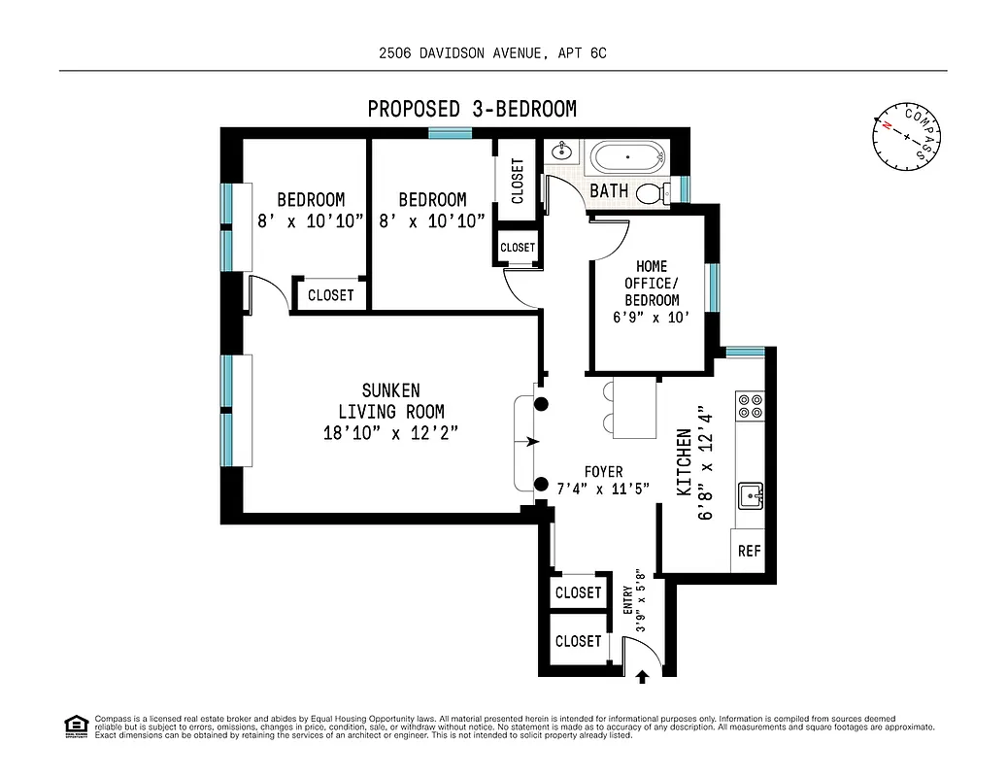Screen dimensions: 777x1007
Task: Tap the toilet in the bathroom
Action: [654, 193]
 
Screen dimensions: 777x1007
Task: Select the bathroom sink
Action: [561, 152]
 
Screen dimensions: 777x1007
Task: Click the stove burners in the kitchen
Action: [750, 405]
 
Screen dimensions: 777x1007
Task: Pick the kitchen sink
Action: [751, 497]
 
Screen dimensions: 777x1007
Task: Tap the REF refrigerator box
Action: [749, 552]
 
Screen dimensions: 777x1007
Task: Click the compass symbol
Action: [907, 137]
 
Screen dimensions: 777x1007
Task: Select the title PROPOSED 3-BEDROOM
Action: [472, 109]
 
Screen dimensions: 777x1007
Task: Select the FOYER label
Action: [603, 472]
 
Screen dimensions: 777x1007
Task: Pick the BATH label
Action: [609, 190]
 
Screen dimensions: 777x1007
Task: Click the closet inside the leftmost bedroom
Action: [331, 294]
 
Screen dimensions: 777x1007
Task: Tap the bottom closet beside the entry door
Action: [579, 641]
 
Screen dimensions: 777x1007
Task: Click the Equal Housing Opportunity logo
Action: [76, 726]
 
